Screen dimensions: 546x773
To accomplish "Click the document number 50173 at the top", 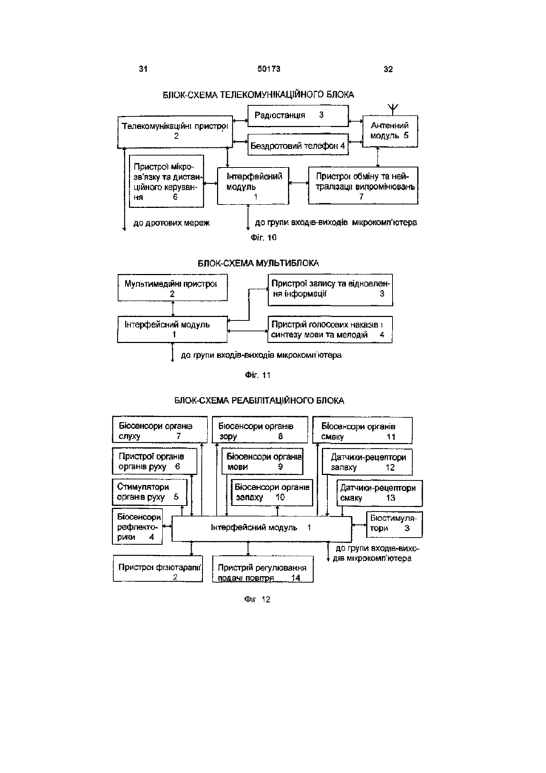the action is coord(269,69).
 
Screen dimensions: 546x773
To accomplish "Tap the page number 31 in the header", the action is coord(143,69).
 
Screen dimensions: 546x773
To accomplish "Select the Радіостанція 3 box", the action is coord(298,116).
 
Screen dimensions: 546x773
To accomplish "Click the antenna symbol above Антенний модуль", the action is coord(393,109).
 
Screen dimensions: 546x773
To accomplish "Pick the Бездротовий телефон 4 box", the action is coord(298,145).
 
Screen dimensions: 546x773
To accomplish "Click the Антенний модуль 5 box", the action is coord(389,131).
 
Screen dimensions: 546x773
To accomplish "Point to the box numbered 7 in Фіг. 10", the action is coord(363,186).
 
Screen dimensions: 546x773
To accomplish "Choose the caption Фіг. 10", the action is coord(264,238).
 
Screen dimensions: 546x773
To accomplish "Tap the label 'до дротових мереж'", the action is coord(172,223).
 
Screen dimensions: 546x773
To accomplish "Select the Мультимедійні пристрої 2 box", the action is coord(172,288).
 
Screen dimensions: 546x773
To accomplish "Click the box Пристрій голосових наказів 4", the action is coord(330,329).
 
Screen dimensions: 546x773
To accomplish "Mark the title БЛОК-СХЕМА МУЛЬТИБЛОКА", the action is coord(258,263).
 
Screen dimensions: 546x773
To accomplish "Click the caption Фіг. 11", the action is coord(257,375).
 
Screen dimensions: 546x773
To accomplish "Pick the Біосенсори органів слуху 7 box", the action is coord(160,430).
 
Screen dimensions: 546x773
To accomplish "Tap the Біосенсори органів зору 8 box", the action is coord(260,430).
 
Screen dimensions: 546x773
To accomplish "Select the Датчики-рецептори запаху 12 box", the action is coord(367,462).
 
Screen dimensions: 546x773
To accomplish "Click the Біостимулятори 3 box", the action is coord(394,524).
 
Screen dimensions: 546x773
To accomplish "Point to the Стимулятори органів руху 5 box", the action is coord(150,492).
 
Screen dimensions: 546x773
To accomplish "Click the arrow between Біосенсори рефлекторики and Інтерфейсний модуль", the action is coord(167,526).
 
